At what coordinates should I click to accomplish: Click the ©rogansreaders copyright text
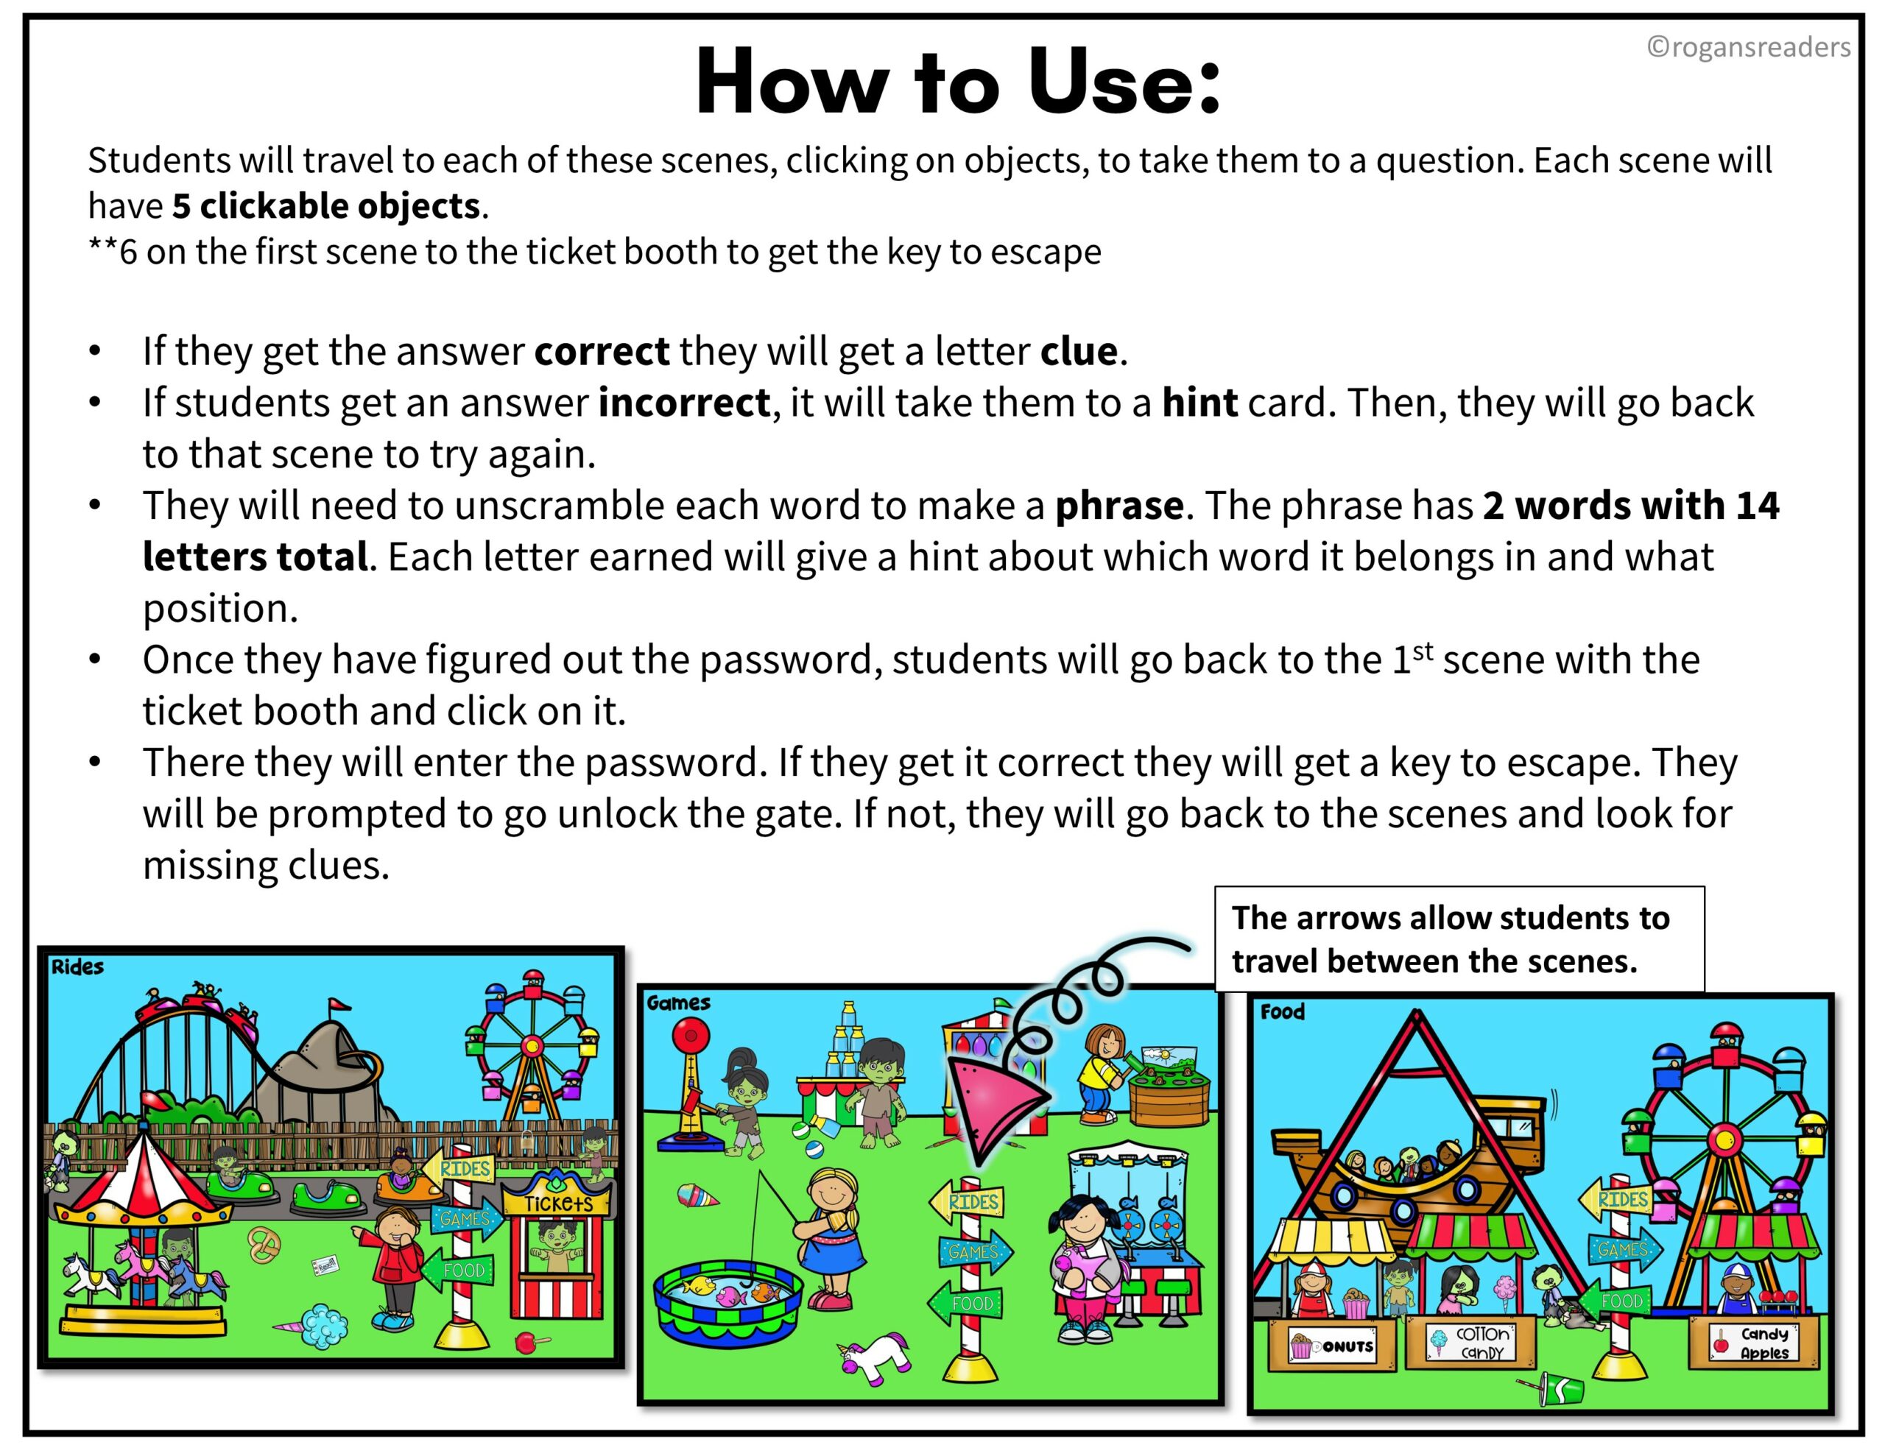pos(1748,46)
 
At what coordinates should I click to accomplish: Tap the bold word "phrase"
pos(1118,506)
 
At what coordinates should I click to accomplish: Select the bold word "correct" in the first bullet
pos(602,351)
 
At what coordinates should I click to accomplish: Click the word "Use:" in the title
pos(1124,82)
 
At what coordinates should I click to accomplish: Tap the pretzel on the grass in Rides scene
pos(264,1245)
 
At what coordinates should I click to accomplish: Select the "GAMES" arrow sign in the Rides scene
pos(465,1219)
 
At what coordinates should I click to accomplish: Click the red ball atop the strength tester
pos(691,1034)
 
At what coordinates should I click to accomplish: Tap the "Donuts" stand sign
pos(1332,1345)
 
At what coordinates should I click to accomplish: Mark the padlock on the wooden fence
pos(526,1139)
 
